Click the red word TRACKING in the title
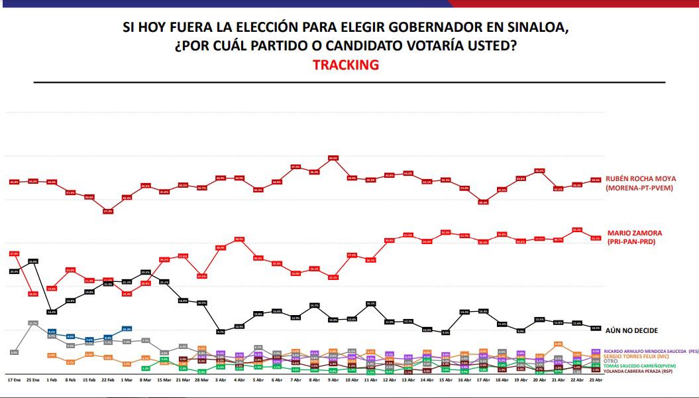(x=345, y=65)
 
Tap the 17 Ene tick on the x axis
(x=14, y=381)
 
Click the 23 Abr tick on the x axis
(x=596, y=381)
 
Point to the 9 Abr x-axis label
(x=333, y=381)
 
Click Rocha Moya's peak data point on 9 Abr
(x=333, y=158)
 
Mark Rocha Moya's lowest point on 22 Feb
(x=107, y=211)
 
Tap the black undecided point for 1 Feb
(x=52, y=312)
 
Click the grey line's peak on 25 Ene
(x=33, y=323)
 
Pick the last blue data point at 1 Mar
(x=127, y=328)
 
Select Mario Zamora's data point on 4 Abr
(x=239, y=239)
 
